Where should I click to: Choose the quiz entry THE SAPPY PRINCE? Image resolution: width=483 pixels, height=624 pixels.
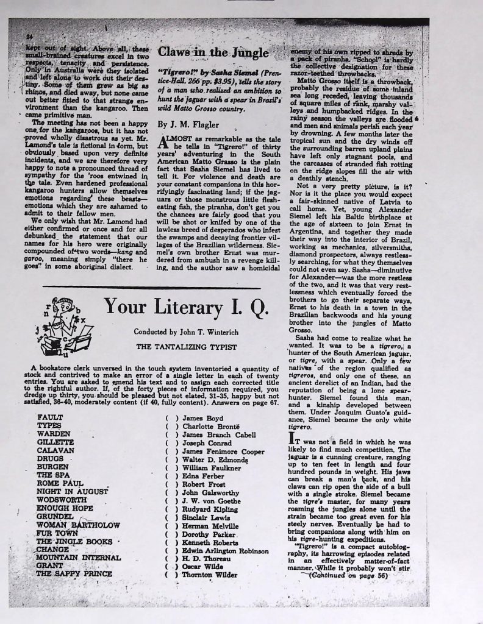[74, 573]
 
